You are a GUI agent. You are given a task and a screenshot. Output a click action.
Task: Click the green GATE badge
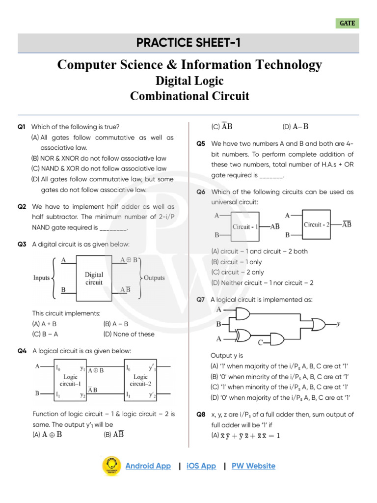click(347, 23)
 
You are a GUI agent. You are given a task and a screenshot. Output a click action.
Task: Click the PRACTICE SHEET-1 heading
click(189, 43)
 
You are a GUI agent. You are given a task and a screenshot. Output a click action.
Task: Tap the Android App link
click(148, 466)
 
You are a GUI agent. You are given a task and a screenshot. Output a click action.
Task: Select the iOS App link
click(201, 466)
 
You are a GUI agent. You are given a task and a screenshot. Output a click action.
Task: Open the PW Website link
click(253, 466)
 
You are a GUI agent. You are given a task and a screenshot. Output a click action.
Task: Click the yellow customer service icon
click(112, 466)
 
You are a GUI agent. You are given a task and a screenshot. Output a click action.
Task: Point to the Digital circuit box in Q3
click(94, 279)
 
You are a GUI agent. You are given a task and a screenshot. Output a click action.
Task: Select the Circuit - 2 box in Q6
click(319, 224)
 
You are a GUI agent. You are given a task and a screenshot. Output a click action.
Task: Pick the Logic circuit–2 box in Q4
click(140, 380)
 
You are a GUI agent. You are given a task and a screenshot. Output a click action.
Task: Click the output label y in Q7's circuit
click(339, 324)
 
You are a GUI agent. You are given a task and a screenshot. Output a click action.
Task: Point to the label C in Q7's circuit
click(261, 342)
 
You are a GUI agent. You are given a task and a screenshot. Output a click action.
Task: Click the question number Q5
click(201, 144)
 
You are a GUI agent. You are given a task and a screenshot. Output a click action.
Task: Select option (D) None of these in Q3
click(129, 334)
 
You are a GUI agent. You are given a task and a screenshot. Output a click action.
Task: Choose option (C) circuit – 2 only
click(237, 272)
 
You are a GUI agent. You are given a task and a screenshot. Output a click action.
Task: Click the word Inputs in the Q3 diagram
click(41, 278)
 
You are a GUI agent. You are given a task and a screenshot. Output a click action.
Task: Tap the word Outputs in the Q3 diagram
click(154, 278)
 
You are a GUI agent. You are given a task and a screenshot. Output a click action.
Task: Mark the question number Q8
click(201, 415)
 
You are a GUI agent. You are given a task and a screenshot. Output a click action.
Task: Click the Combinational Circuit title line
click(189, 96)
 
